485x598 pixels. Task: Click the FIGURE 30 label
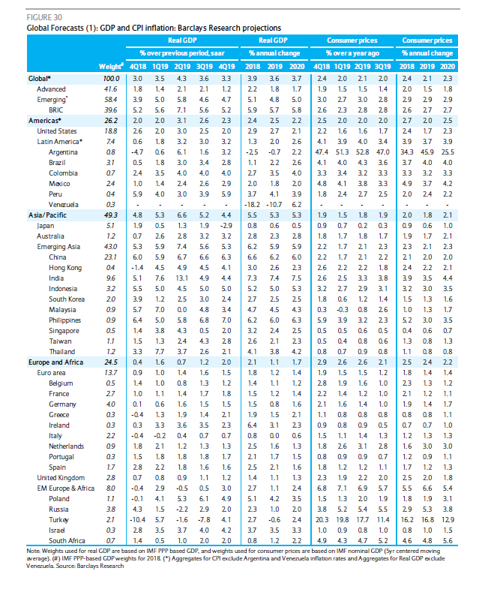coord(44,17)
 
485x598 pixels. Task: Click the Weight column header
coord(111,66)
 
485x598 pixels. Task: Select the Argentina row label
coord(63,152)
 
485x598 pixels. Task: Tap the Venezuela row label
coord(64,205)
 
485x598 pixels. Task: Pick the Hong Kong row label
coord(65,268)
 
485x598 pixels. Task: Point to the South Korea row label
coord(67,299)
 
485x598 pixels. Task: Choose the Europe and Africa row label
coord(55,362)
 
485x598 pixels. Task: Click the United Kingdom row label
coord(61,478)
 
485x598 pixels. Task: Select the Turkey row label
coord(58,520)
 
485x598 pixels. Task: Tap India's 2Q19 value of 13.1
coord(181,278)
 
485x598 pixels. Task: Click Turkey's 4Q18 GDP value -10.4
coord(137,520)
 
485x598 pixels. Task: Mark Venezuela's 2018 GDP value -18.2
coord(252,205)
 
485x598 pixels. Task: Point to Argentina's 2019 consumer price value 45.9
coord(427,152)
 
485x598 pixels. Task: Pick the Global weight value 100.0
coord(111,79)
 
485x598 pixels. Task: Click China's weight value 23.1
coord(110,257)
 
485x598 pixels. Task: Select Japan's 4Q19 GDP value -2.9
coord(226,226)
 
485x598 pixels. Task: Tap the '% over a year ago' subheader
coord(352,53)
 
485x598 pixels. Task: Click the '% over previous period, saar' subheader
coord(181,53)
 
